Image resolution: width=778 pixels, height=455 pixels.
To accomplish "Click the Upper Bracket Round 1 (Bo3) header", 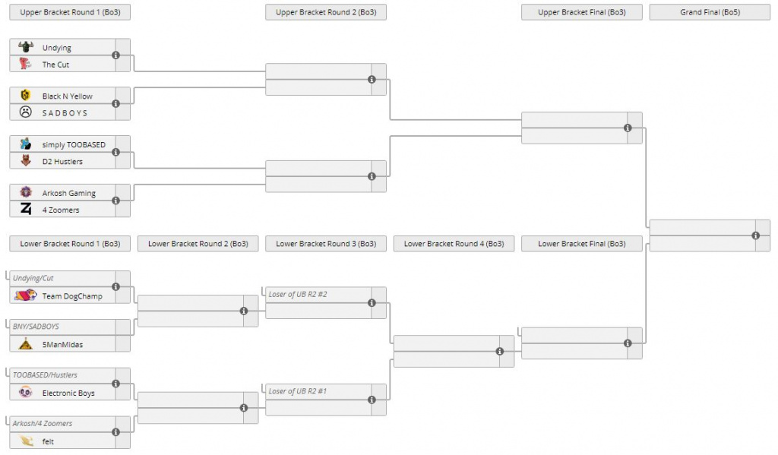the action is point(70,12).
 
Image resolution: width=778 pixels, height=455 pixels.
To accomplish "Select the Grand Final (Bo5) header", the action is point(710,12).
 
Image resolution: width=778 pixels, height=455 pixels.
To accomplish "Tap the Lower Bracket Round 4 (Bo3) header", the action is point(454,244).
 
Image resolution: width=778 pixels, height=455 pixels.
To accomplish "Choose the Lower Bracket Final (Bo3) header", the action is point(581,244).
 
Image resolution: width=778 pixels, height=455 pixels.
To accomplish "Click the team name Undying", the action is point(56,48).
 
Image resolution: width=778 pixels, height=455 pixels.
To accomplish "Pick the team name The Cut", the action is point(55,65).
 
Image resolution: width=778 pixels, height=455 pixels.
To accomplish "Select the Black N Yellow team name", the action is point(67,96).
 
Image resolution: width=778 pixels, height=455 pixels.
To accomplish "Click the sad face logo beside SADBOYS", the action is point(26,112).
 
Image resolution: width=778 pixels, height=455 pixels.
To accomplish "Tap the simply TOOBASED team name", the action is point(74,145).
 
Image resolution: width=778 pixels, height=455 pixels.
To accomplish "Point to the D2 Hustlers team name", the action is point(62,161).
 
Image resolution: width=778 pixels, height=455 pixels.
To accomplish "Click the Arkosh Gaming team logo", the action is point(26,192).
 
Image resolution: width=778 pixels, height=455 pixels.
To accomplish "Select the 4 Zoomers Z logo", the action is point(26,209).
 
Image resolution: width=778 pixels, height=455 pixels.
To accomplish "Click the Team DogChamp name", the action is point(72,296).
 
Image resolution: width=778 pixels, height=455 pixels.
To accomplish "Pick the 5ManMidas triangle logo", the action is point(26,343).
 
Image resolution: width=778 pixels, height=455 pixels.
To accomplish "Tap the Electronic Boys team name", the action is point(68,393).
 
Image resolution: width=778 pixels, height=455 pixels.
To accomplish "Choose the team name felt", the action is point(48,441).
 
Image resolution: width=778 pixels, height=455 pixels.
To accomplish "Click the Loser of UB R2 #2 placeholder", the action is point(298,294).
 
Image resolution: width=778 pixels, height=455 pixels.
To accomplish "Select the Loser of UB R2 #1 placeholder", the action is point(298,391).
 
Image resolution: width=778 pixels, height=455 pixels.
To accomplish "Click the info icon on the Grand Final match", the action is point(756,235).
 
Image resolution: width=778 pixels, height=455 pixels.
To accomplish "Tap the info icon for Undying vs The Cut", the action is point(115,55).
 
